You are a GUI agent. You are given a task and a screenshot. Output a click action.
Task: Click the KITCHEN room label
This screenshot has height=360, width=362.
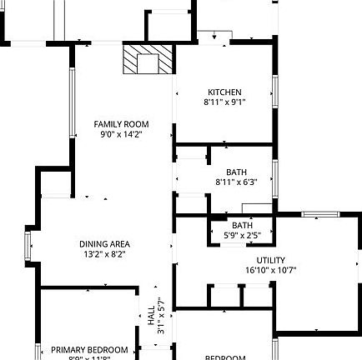pos(224,92)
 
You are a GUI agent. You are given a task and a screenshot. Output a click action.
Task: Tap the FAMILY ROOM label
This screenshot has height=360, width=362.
pos(121,124)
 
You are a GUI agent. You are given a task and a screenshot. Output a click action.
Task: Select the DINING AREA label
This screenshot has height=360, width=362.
pos(104,244)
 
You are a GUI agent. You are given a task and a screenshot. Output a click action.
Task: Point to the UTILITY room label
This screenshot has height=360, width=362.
pos(271,260)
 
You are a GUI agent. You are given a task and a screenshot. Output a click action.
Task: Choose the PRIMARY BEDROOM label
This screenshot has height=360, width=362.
pos(89,349)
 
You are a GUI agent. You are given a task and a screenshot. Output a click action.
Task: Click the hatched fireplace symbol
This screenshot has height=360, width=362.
pos(148,60)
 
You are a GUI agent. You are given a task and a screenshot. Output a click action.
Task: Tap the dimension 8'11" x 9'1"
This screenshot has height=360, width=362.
pos(224,102)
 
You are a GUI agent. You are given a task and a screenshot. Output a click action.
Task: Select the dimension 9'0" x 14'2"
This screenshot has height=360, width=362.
pos(121,133)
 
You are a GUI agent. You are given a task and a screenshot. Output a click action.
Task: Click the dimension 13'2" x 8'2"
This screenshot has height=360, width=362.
pos(104,254)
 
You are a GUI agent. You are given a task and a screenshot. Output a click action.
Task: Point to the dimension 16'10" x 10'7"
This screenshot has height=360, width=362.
pos(271,270)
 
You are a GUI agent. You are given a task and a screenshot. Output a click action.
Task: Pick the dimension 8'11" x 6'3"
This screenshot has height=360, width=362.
pos(236,182)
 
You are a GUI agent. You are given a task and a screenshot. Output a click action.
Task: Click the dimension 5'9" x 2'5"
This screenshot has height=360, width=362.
pos(243,235)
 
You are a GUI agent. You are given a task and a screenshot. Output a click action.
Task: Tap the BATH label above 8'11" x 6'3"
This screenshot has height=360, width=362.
pos(236,172)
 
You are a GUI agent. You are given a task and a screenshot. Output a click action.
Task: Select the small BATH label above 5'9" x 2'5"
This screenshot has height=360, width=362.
pos(243,225)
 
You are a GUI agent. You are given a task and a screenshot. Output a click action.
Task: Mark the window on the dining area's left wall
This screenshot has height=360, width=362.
pos(29,246)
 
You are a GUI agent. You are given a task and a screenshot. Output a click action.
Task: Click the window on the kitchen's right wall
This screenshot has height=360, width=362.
pos(274,92)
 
